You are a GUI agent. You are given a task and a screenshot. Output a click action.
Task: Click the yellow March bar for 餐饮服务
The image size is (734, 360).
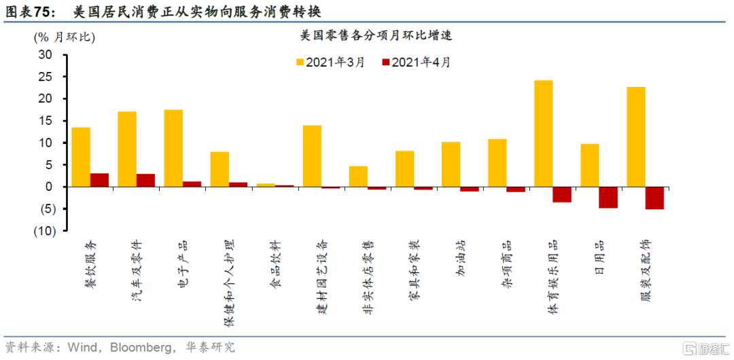(x=81, y=157)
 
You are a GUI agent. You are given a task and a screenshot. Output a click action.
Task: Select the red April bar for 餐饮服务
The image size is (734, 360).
(x=99, y=180)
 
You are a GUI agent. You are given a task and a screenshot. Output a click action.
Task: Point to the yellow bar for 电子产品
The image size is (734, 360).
(x=173, y=148)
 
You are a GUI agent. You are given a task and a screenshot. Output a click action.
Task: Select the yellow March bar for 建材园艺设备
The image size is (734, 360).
(x=312, y=156)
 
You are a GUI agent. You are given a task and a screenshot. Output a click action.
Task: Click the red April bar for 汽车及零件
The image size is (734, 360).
(x=145, y=180)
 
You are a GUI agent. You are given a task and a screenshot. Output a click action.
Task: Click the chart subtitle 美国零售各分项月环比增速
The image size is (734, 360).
(x=374, y=36)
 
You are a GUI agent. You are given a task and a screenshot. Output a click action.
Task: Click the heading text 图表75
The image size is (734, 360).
(x=29, y=12)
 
